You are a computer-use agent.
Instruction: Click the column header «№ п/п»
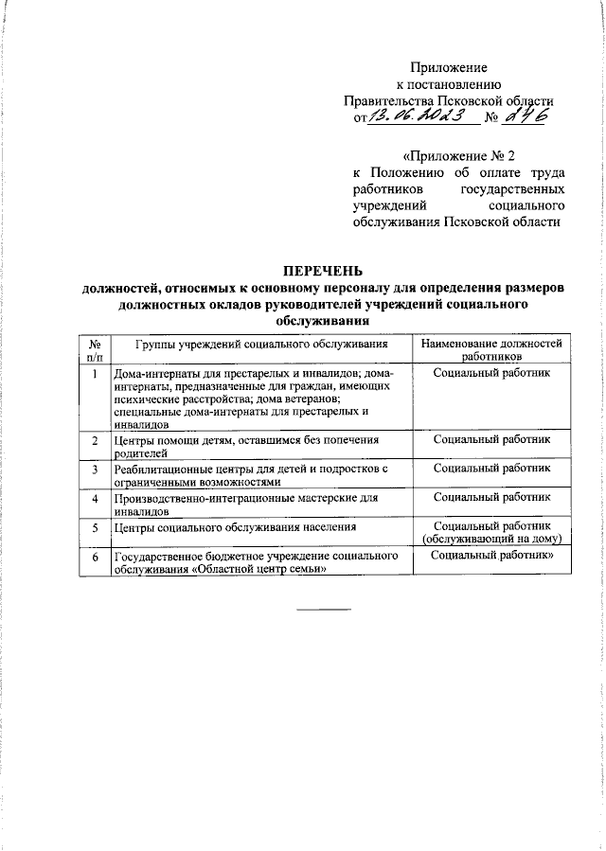point(95,350)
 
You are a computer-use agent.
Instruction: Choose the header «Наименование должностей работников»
point(491,350)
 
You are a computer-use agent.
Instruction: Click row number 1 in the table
point(95,374)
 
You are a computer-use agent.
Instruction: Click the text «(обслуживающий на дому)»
point(492,538)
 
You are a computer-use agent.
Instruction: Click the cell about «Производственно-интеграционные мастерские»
point(245,503)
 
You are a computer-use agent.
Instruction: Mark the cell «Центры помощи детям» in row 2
point(245,446)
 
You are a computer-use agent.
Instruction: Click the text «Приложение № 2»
point(459,155)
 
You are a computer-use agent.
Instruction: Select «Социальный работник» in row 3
point(491,469)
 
